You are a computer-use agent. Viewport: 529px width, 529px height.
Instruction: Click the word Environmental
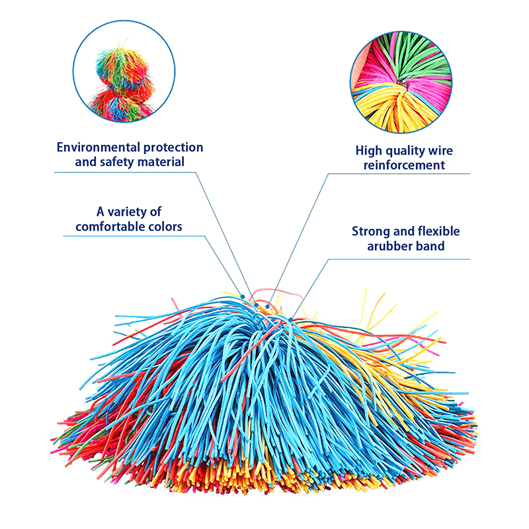(98, 147)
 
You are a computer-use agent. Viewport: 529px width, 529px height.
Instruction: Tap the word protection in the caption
(173, 148)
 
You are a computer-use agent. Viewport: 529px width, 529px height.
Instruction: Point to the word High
(369, 151)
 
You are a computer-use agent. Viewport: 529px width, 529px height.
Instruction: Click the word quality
(407, 151)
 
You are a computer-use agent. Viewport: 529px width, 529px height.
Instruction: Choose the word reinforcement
(404, 165)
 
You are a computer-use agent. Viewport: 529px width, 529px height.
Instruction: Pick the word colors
(165, 226)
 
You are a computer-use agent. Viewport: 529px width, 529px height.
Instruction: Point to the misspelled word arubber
(389, 246)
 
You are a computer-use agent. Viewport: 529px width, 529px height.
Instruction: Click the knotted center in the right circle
(403, 83)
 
